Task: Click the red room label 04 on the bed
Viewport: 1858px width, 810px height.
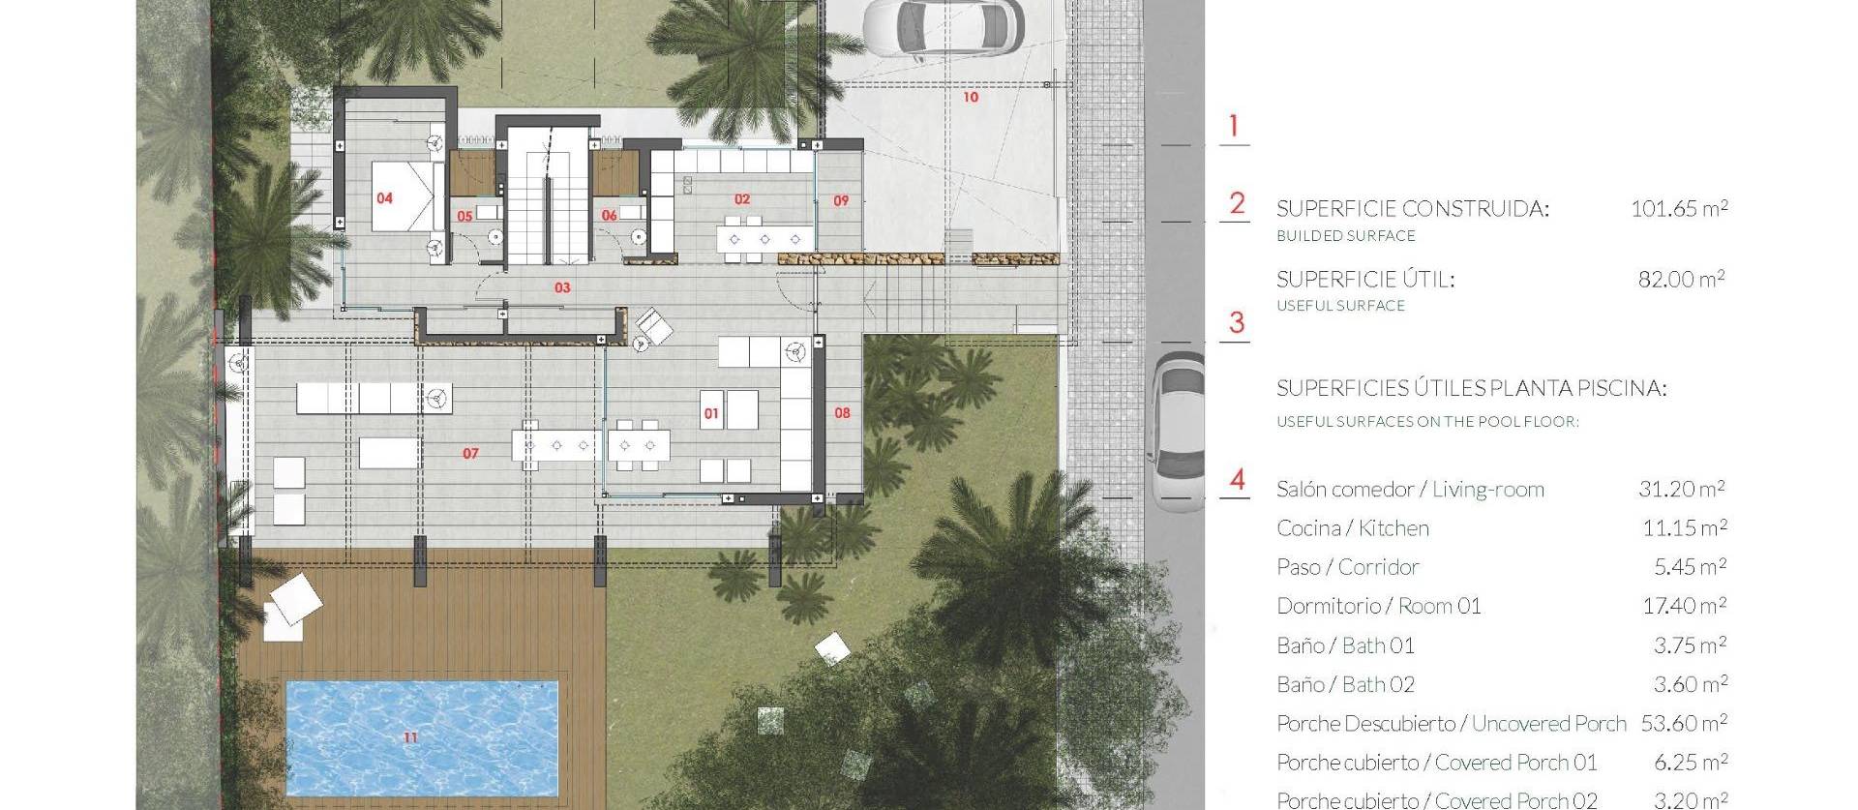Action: coord(384,198)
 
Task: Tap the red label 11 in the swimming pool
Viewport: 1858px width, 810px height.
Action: coord(410,737)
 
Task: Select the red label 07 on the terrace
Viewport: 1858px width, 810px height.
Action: coord(470,453)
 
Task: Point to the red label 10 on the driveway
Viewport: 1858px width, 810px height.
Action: coord(971,97)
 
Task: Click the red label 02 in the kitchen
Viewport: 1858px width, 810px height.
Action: coord(742,199)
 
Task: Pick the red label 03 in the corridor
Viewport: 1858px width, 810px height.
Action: coord(562,287)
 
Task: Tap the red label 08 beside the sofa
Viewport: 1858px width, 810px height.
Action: coord(842,413)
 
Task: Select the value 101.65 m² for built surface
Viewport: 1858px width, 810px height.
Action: coord(1679,208)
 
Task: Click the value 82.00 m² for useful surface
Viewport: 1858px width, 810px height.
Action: coord(1681,280)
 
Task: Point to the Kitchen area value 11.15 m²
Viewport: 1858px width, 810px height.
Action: coord(1684,528)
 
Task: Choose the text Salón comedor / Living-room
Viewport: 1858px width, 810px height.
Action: coord(1410,490)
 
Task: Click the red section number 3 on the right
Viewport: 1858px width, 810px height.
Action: coord(1236,323)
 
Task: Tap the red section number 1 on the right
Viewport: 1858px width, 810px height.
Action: coord(1233,126)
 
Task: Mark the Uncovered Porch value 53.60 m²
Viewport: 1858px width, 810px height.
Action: coord(1684,723)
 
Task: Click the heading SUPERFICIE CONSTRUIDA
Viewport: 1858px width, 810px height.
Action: coord(1412,209)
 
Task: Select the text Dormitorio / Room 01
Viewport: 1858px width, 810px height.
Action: coord(1378,607)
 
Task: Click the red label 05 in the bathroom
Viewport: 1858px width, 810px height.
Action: coord(464,216)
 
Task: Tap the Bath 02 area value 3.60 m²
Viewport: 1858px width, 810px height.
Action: coord(1690,684)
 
